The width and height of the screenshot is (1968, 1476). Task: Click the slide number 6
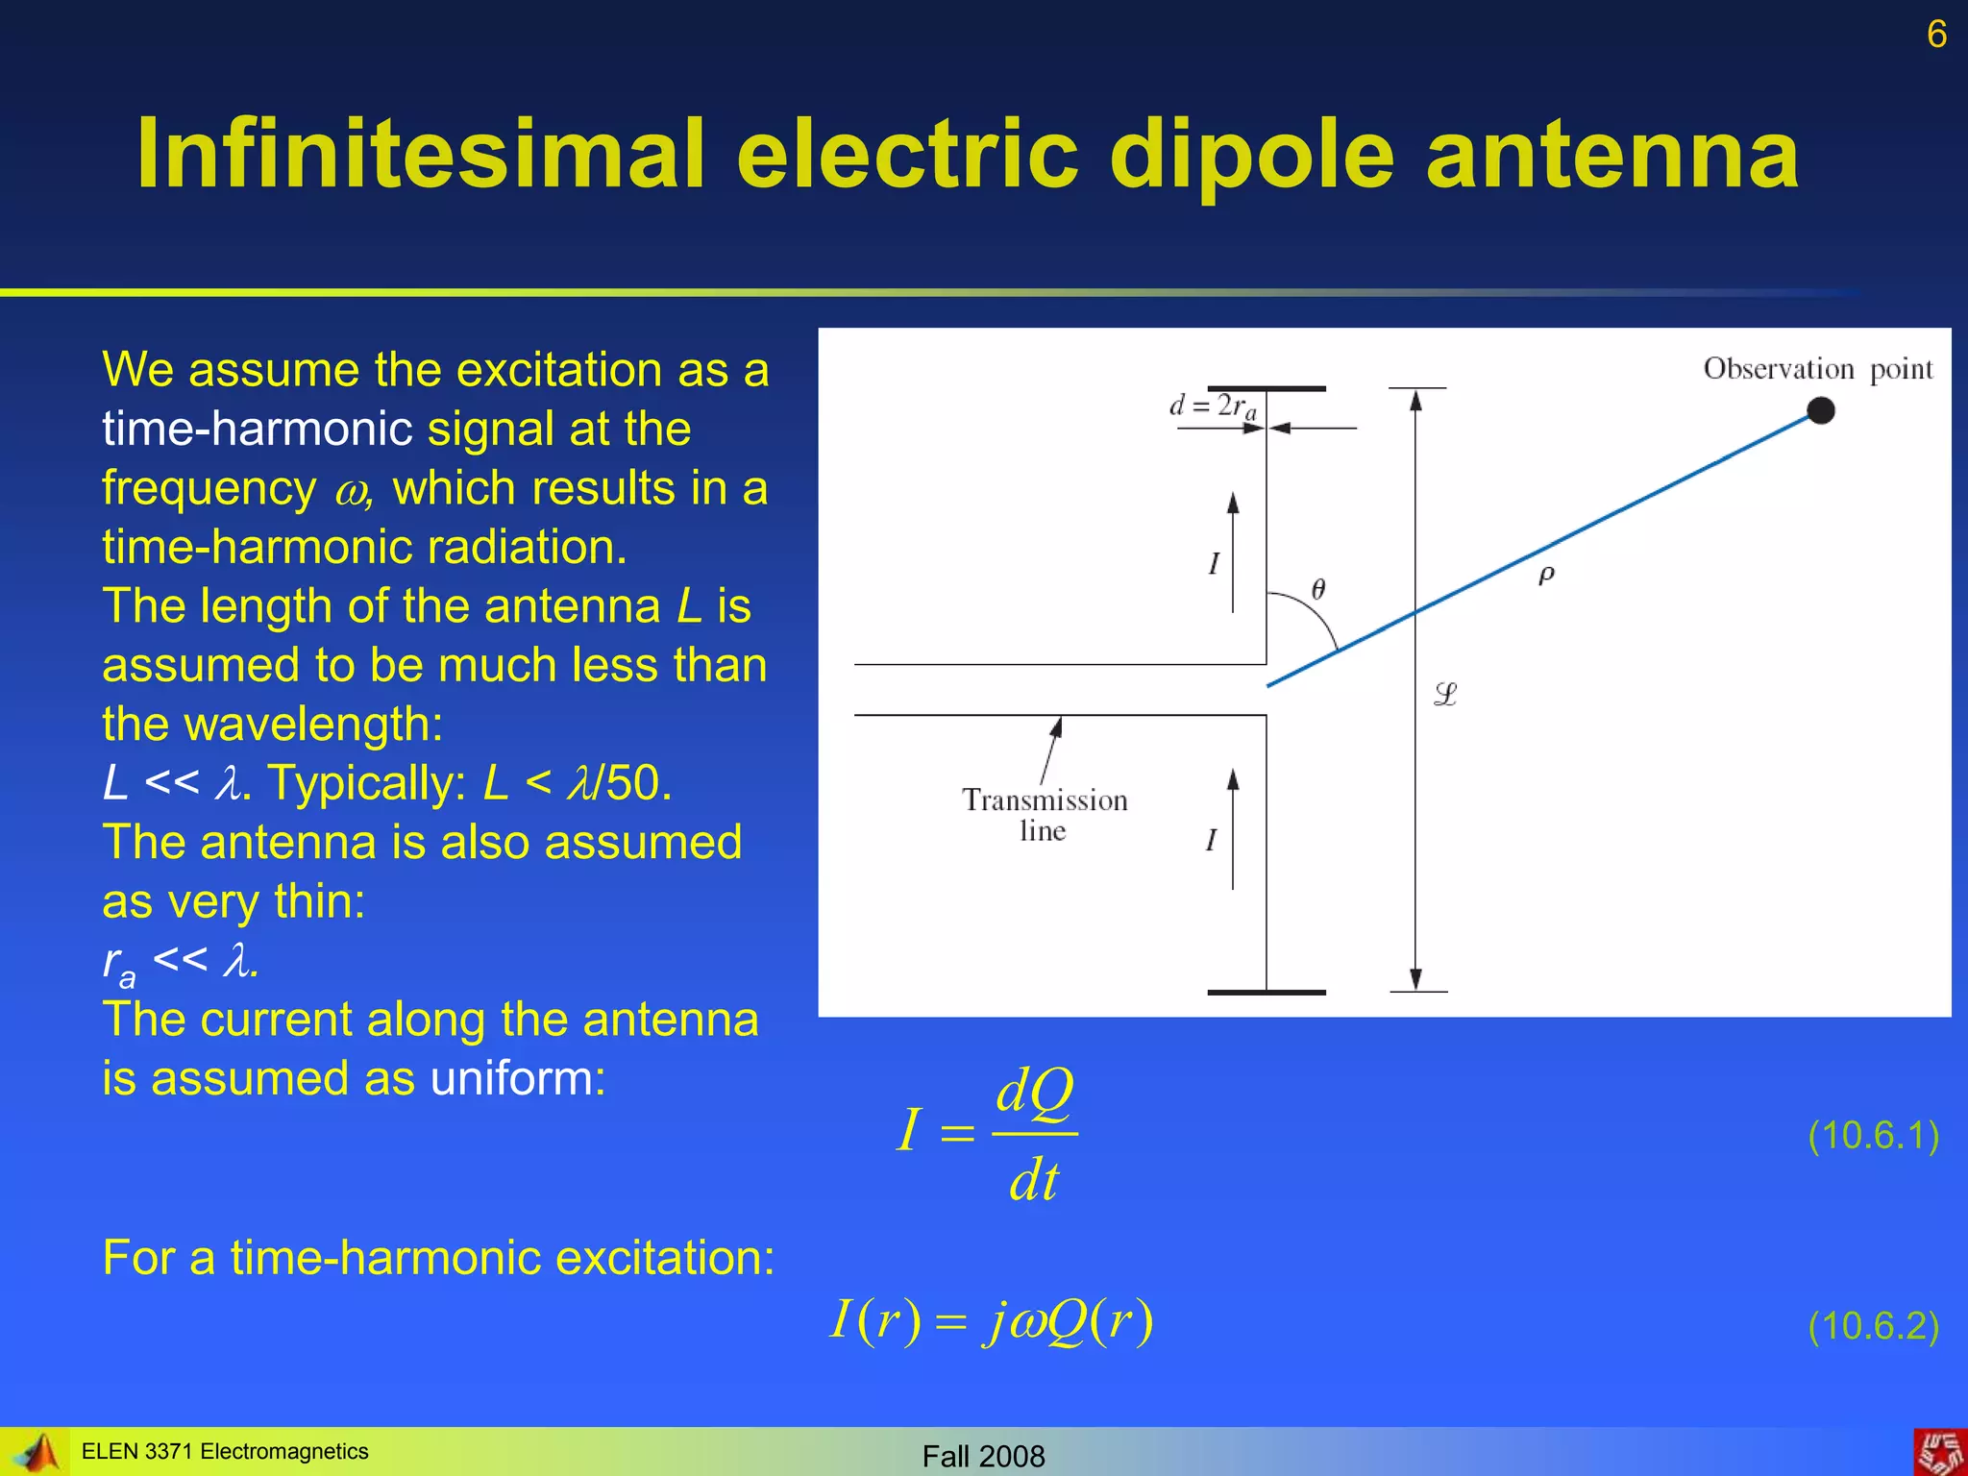(x=1936, y=35)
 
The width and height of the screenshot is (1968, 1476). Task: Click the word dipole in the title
(x=1250, y=155)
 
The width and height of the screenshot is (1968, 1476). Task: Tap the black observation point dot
(x=1820, y=411)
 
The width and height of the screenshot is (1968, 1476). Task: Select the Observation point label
(x=1817, y=369)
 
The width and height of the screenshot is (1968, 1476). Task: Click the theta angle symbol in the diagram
(x=1318, y=589)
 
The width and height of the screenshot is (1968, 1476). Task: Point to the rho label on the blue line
(x=1546, y=575)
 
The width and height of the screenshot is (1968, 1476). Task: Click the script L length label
(x=1445, y=694)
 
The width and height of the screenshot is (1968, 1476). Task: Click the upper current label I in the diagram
(x=1214, y=563)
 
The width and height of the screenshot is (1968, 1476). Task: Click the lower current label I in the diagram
(x=1211, y=840)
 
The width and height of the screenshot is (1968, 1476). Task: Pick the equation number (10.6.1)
(x=1873, y=1136)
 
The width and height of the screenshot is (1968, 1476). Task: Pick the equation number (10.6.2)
(x=1873, y=1326)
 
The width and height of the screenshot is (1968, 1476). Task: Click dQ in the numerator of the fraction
(x=1034, y=1093)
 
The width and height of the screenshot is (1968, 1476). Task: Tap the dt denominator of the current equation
(x=1033, y=1180)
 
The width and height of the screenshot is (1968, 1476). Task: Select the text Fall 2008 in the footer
(x=983, y=1456)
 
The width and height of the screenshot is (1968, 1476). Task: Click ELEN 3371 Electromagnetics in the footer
(x=225, y=1451)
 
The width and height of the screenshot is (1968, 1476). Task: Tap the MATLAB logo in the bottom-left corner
(x=37, y=1452)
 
